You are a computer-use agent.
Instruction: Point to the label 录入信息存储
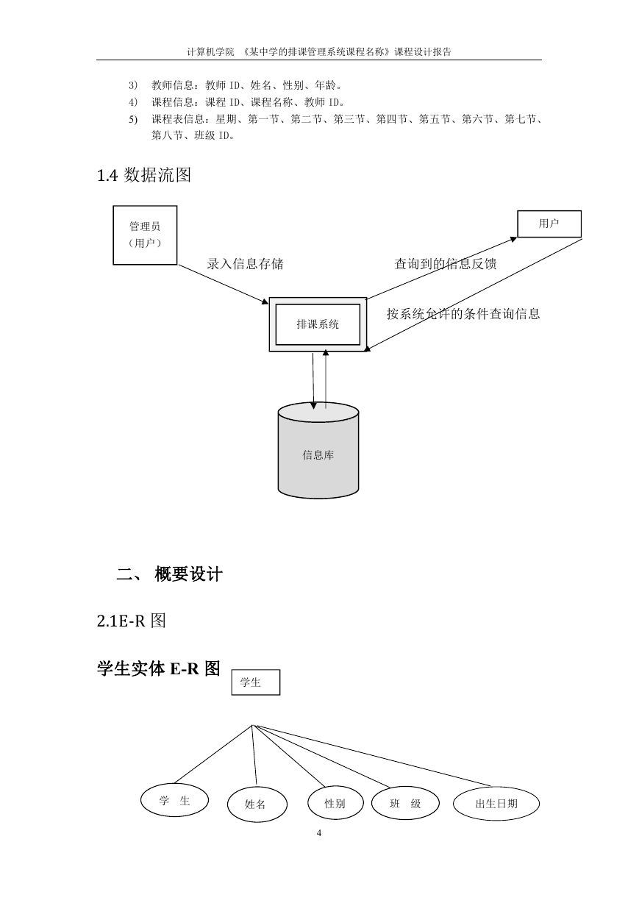coord(245,264)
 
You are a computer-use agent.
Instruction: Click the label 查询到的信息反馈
coord(446,264)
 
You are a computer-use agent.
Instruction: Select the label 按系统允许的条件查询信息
coord(463,314)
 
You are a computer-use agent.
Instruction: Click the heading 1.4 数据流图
coord(144,175)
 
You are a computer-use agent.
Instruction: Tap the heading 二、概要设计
coord(169,574)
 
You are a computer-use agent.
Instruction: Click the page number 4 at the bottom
coord(319,833)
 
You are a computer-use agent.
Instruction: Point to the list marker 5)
coord(133,120)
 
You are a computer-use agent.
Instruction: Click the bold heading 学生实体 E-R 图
coord(158,668)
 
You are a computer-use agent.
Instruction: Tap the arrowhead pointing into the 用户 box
coord(513,239)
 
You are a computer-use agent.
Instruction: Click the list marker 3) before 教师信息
coord(133,85)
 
